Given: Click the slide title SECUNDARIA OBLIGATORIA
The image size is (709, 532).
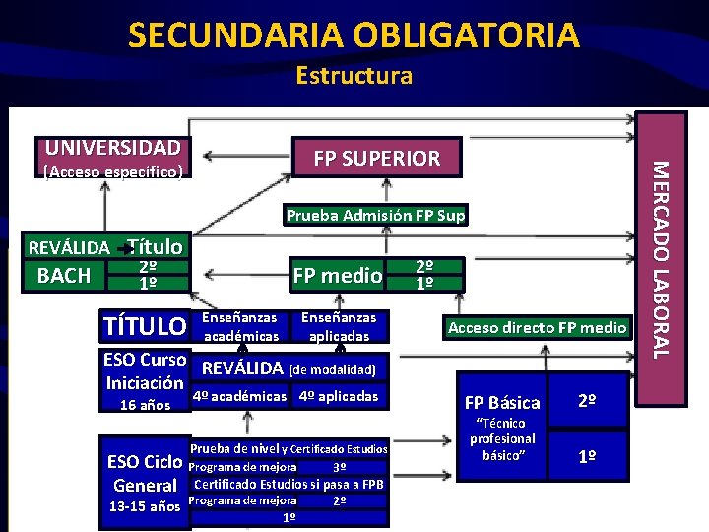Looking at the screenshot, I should pos(354,35).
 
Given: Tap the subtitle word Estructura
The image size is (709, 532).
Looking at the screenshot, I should pos(354,76).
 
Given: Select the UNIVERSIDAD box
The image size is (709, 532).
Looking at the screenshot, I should pos(111,148).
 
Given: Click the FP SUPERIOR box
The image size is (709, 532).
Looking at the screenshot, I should pos(376,158).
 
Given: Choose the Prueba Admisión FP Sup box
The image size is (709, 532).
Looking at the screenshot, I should pos(375,215).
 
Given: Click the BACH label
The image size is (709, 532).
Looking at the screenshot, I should pos(63,275).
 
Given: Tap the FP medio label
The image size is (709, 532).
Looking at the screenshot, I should pos(337,276).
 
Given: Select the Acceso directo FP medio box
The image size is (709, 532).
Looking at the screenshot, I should pos(537,327).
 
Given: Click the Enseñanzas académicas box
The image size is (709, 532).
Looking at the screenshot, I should pos(239,327).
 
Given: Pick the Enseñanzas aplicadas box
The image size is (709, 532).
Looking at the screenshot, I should pos(338,327).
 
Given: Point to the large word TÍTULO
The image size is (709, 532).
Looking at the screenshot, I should pos(145,325).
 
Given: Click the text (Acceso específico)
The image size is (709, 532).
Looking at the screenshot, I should pos(111,172).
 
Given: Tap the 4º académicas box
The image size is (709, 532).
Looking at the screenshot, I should pos(239,396).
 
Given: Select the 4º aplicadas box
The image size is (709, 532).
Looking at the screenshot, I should pos(338,396).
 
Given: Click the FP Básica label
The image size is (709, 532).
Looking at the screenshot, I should pos(502,402).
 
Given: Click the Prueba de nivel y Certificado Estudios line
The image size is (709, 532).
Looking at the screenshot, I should pos(289,449).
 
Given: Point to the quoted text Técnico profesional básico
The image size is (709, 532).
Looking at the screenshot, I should pos(502,438).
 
